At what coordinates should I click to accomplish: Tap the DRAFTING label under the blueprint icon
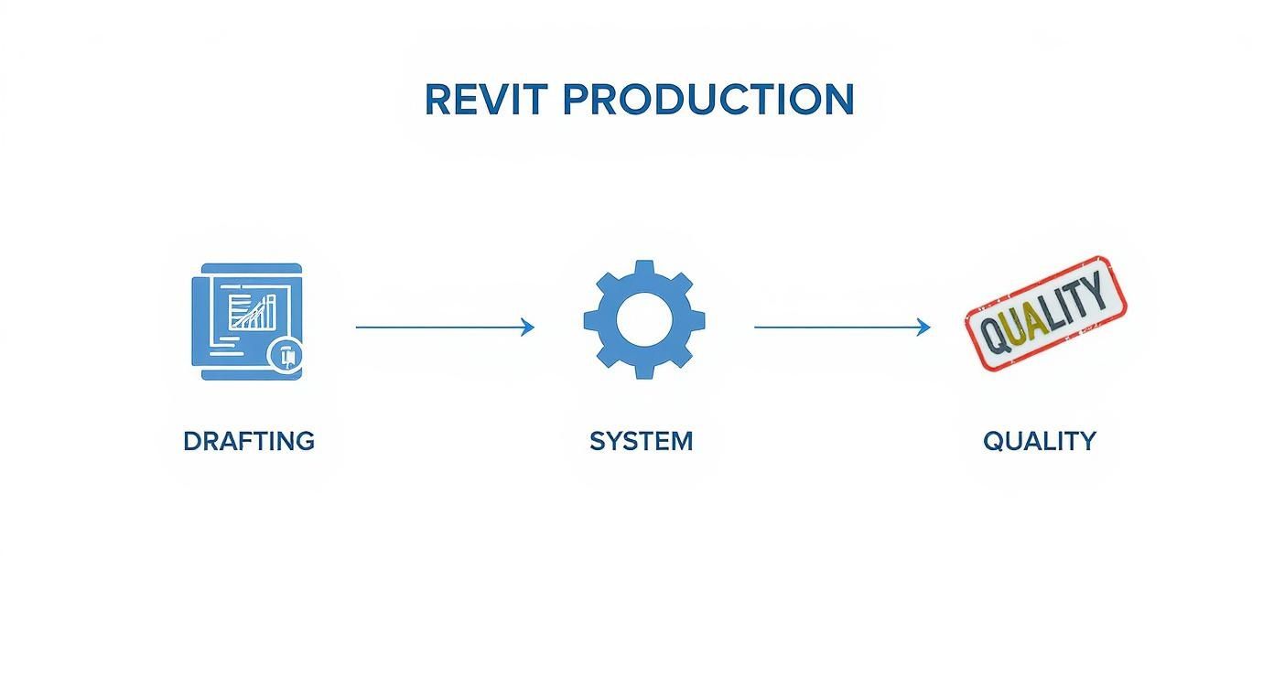point(249,441)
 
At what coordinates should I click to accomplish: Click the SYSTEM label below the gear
point(641,441)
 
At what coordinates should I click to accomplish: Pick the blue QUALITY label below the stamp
point(1039,441)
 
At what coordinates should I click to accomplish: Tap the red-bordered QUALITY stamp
point(1045,314)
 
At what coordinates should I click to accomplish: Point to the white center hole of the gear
point(644,319)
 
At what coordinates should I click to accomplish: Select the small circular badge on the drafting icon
point(286,355)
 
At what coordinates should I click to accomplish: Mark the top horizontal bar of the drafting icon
point(247,268)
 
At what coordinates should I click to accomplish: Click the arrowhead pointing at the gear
point(528,327)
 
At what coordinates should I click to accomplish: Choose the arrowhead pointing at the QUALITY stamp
point(924,327)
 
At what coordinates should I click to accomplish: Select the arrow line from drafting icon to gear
point(439,327)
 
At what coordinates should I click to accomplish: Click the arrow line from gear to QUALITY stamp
point(837,327)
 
